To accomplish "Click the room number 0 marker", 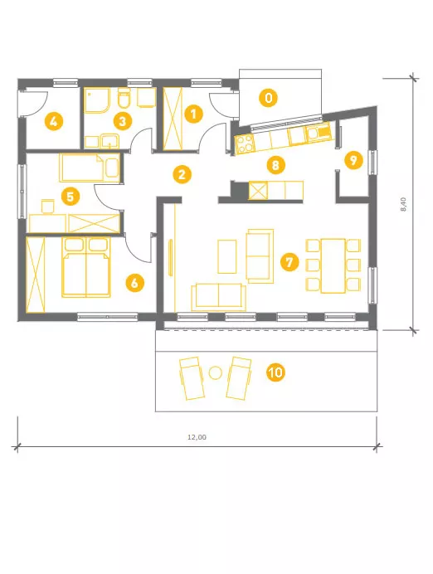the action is pyautogui.click(x=268, y=98).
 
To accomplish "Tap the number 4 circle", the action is pyautogui.click(x=53, y=121).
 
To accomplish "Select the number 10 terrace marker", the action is pyautogui.click(x=275, y=372).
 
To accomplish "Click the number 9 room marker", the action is pyautogui.click(x=353, y=160).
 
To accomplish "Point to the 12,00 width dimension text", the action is pyautogui.click(x=197, y=437).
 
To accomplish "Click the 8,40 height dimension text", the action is pyautogui.click(x=403, y=204).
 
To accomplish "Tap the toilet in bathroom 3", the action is pyautogui.click(x=124, y=98).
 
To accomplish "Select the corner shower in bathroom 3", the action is pyautogui.click(x=97, y=100).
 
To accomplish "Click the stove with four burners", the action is pyautogui.click(x=244, y=143).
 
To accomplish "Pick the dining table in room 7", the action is pyautogui.click(x=333, y=265).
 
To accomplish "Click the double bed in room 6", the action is pyautogui.click(x=86, y=267).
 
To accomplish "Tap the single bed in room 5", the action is pyautogui.click(x=90, y=168).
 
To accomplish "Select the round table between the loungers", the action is pyautogui.click(x=215, y=372).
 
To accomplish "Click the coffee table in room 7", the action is pyautogui.click(x=227, y=256).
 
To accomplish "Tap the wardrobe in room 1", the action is pyautogui.click(x=173, y=119).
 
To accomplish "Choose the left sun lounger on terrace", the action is pyautogui.click(x=192, y=378).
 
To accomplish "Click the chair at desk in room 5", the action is pyautogui.click(x=48, y=206).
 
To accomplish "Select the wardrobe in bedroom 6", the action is pyautogui.click(x=36, y=275).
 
